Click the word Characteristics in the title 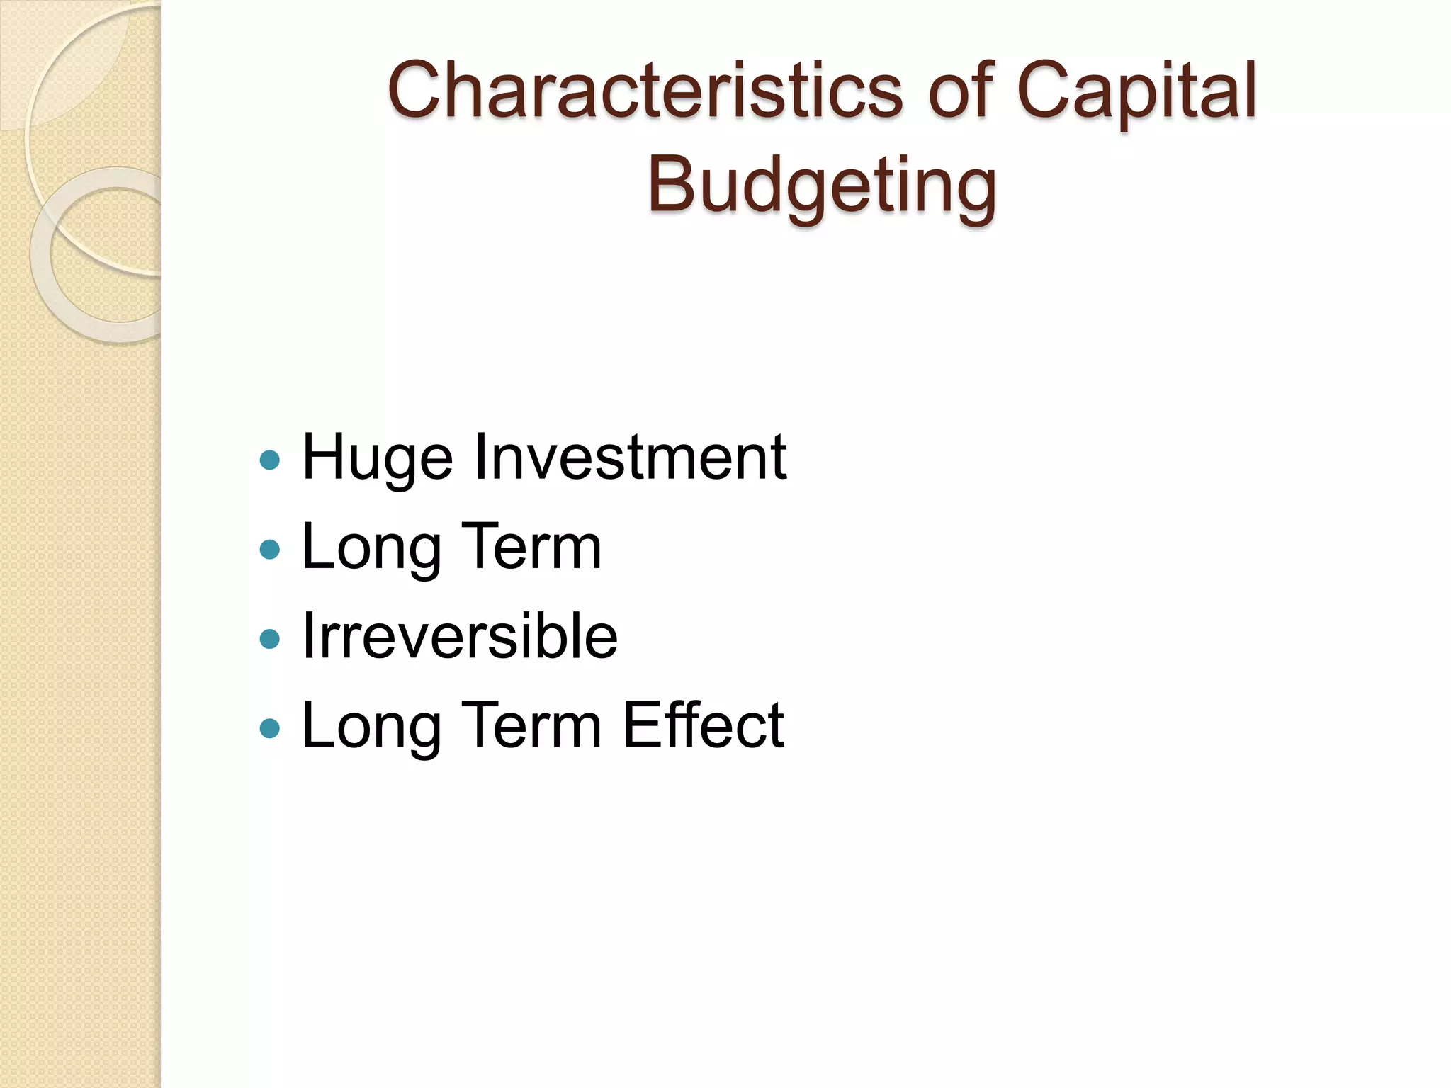(645, 91)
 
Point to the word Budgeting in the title (822, 186)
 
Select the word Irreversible (460, 636)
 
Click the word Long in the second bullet (369, 548)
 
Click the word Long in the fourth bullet (369, 727)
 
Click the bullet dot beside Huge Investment (270, 461)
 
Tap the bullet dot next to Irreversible (270, 640)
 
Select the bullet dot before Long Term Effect (270, 728)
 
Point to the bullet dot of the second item (270, 550)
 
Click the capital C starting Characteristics (415, 91)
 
